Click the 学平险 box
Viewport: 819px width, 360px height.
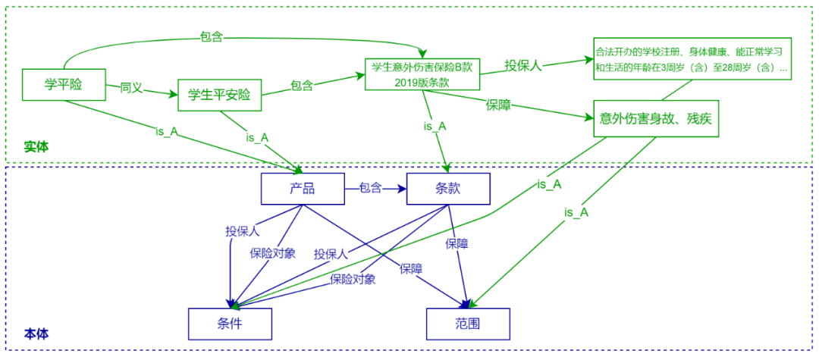coord(63,84)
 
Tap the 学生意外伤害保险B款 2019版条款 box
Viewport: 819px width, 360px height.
coord(422,74)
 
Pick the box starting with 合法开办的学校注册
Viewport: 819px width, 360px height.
coord(691,59)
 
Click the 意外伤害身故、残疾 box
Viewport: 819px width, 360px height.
coord(654,118)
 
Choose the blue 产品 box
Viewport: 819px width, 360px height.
coord(302,189)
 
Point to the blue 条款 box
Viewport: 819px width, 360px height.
coord(448,189)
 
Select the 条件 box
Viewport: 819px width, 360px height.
coord(230,324)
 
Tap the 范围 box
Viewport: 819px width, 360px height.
coord(467,324)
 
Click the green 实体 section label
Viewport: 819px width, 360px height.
coord(36,146)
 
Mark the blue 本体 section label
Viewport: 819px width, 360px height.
coord(36,333)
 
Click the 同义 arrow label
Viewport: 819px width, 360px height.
coord(131,87)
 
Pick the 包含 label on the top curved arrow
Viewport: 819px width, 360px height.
coord(211,36)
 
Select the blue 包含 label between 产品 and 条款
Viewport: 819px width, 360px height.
coord(371,188)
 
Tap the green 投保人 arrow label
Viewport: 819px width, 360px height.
coord(523,66)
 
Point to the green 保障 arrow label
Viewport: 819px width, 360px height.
coord(498,105)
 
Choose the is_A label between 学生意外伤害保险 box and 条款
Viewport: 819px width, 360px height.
coord(435,126)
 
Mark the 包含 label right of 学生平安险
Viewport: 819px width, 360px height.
coord(301,86)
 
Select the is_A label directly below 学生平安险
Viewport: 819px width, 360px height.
coord(257,137)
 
